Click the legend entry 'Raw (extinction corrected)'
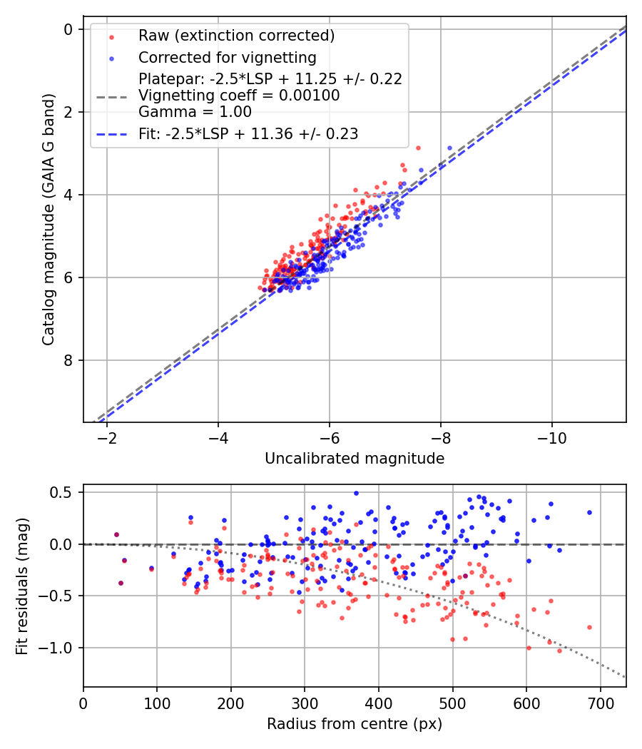coord(236,36)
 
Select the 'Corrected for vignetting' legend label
coord(227,57)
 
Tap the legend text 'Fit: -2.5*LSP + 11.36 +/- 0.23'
coord(248,133)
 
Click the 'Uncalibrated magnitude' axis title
coord(355,459)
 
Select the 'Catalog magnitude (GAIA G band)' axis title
coord(48,223)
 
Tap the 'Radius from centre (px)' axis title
coord(355,724)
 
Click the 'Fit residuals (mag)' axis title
coord(22,586)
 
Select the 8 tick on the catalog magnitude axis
coord(68,360)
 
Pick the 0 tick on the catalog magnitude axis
coord(68,29)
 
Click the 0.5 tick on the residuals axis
coord(64,492)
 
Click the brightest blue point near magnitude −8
coord(449,148)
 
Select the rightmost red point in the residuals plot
coord(589,627)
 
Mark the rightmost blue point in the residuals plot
coord(589,512)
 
